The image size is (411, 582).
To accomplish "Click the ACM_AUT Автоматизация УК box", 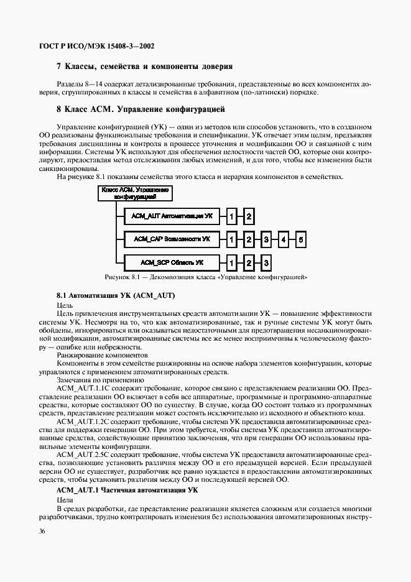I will tap(170, 216).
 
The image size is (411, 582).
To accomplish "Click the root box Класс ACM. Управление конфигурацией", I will tap(134, 192).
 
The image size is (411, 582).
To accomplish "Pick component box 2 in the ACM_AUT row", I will tap(249, 216).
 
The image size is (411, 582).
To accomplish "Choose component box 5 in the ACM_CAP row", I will tap(300, 239).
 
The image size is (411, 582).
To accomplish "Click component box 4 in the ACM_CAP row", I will tap(283, 239).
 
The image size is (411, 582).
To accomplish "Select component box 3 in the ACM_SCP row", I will tap(266, 262).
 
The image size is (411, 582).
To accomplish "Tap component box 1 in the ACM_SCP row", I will tap(231, 262).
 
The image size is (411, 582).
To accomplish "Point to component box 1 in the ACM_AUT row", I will tap(231, 216).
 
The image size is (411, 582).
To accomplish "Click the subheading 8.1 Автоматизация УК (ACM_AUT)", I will tap(115, 296).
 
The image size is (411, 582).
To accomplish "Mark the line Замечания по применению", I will tap(91, 379).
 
